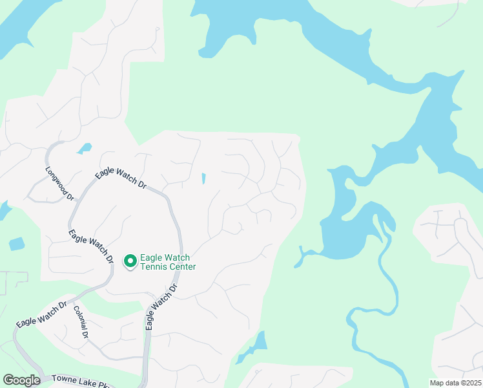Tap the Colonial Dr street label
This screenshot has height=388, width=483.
click(81, 323)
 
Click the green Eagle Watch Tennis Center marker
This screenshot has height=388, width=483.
click(130, 261)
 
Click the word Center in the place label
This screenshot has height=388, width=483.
click(182, 266)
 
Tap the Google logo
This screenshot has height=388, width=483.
click(21, 380)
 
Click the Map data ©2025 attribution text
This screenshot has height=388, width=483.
click(455, 383)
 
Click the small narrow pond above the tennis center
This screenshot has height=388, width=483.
click(203, 178)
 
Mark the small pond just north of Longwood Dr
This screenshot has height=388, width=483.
click(84, 149)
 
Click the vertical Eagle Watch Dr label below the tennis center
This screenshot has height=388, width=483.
click(162, 307)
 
